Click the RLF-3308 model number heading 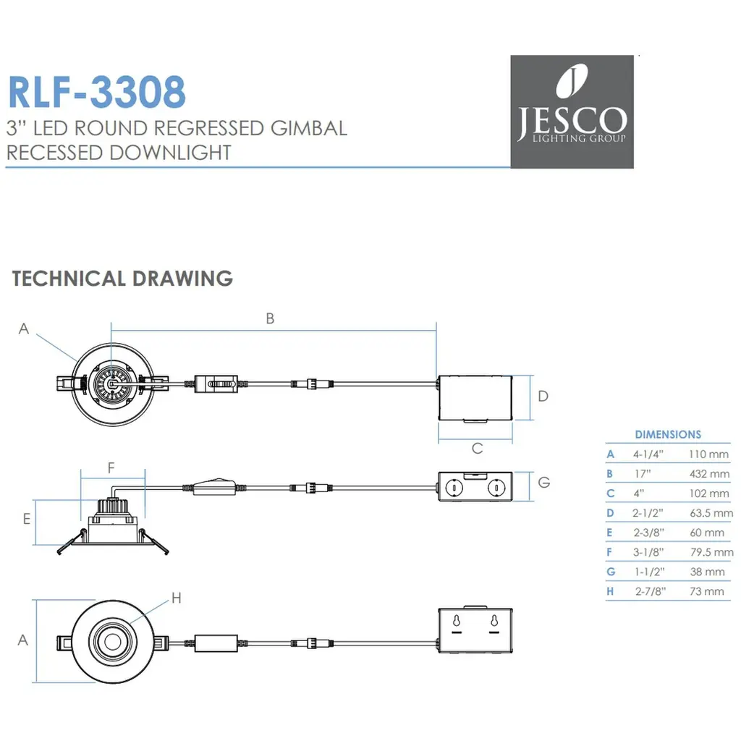click(x=96, y=92)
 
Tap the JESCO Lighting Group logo click(x=572, y=111)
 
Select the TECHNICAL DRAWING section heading click(x=122, y=279)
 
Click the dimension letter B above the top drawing click(x=270, y=318)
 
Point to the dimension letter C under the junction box click(x=477, y=449)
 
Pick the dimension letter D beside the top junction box click(x=543, y=396)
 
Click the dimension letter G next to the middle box click(x=545, y=482)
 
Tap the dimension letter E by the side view click(x=26, y=519)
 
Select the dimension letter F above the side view click(x=111, y=468)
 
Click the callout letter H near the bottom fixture click(x=176, y=598)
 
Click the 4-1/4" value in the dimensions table click(x=648, y=454)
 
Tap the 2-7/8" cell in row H click(x=651, y=591)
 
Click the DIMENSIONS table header click(x=667, y=435)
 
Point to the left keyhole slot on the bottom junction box click(x=457, y=622)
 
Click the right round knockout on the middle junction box click(x=496, y=488)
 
